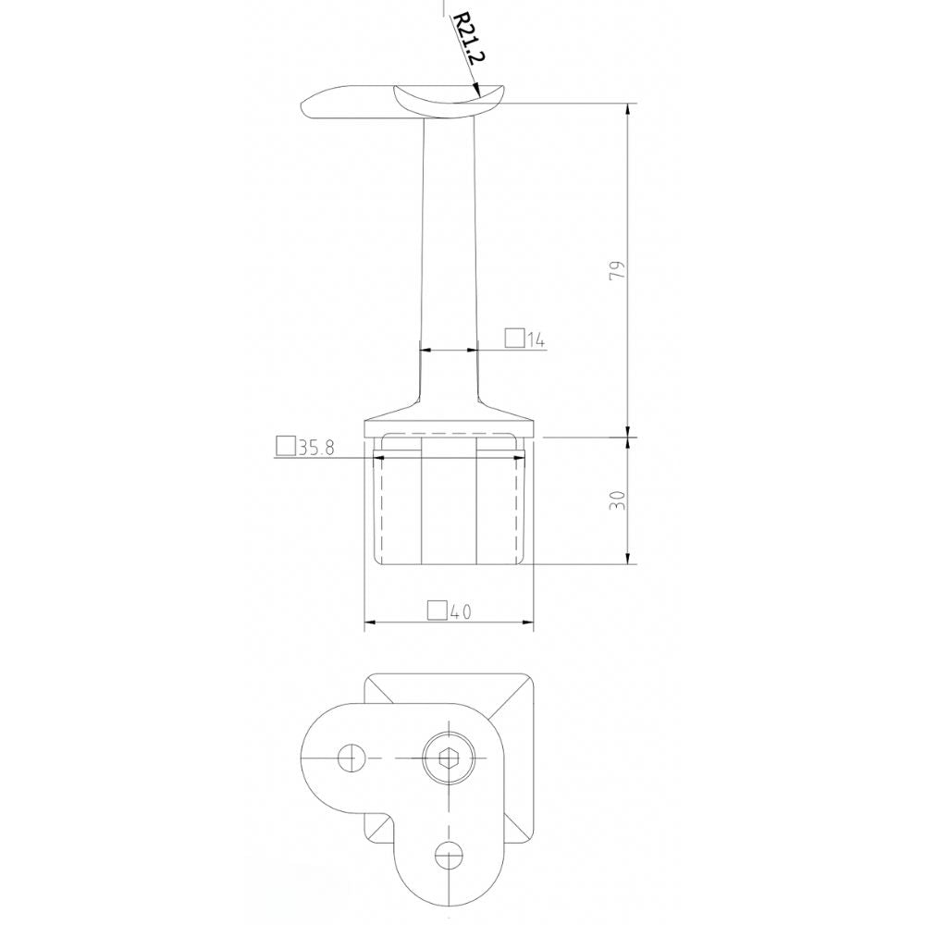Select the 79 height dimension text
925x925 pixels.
click(x=618, y=270)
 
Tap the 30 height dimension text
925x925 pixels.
click(x=618, y=499)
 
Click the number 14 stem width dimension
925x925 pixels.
click(x=536, y=340)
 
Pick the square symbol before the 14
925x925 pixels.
click(x=515, y=339)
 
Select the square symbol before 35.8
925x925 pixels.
click(x=286, y=448)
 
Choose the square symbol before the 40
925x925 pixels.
click(x=438, y=610)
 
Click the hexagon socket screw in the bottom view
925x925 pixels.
click(x=449, y=758)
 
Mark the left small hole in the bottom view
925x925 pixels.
click(x=350, y=758)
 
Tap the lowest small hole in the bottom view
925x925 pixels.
click(x=449, y=857)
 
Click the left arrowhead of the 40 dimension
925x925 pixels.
click(x=371, y=623)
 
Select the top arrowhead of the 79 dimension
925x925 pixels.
click(x=628, y=109)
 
